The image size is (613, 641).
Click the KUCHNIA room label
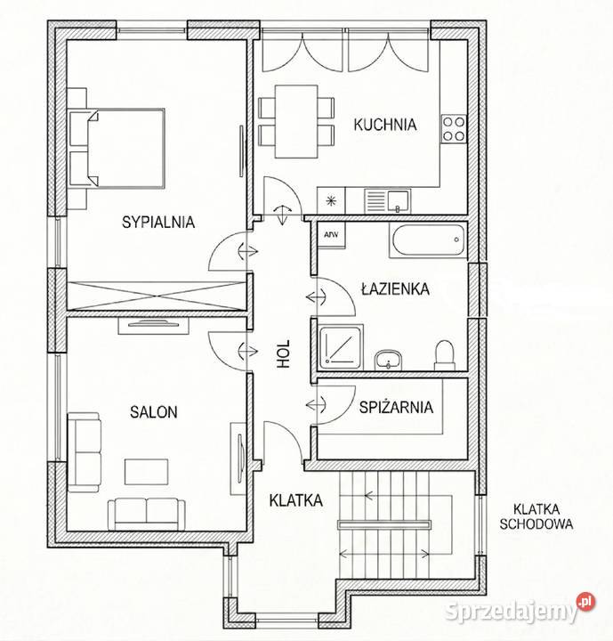[385, 125]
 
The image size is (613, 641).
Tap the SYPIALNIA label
[158, 222]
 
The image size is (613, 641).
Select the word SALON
[154, 411]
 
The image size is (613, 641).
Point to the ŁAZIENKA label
[395, 288]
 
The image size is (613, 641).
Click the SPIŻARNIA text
[396, 407]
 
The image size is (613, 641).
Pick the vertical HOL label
[283, 354]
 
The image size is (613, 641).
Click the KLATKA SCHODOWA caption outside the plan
[536, 516]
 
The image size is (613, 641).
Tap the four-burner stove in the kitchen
[454, 129]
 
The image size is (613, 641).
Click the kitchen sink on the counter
[388, 200]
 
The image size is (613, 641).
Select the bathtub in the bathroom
[428, 240]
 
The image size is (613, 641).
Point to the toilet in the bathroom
[445, 355]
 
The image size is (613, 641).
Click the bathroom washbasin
[388, 360]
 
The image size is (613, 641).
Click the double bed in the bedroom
[117, 149]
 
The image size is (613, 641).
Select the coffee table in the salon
[146, 472]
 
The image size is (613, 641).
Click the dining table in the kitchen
[296, 121]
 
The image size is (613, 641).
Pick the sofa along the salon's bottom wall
[147, 514]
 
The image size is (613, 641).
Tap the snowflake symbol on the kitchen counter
[331, 200]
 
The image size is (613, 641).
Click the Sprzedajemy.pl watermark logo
[520, 611]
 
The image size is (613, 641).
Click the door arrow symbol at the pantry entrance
[317, 405]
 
